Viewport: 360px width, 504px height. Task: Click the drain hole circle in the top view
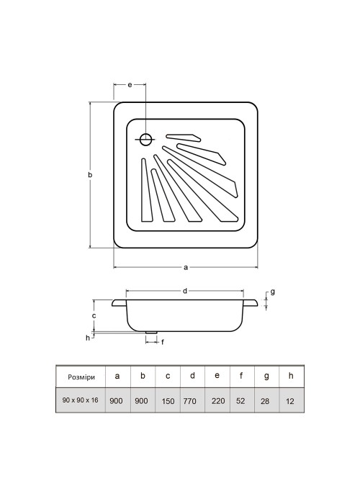pyautogui.click(x=146, y=140)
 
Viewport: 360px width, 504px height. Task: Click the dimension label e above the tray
pyautogui.click(x=130, y=85)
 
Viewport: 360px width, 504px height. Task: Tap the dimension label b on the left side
pyautogui.click(x=90, y=175)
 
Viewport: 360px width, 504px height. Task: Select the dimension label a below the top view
pyautogui.click(x=186, y=267)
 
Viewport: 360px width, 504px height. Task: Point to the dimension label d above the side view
pyautogui.click(x=185, y=291)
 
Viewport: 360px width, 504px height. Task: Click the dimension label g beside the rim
pyautogui.click(x=273, y=292)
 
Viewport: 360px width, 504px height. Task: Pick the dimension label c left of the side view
pyautogui.click(x=94, y=315)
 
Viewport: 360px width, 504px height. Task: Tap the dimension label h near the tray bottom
pyautogui.click(x=87, y=338)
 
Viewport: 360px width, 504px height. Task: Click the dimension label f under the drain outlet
pyautogui.click(x=163, y=342)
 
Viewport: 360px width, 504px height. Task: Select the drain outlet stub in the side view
pyautogui.click(x=151, y=333)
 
